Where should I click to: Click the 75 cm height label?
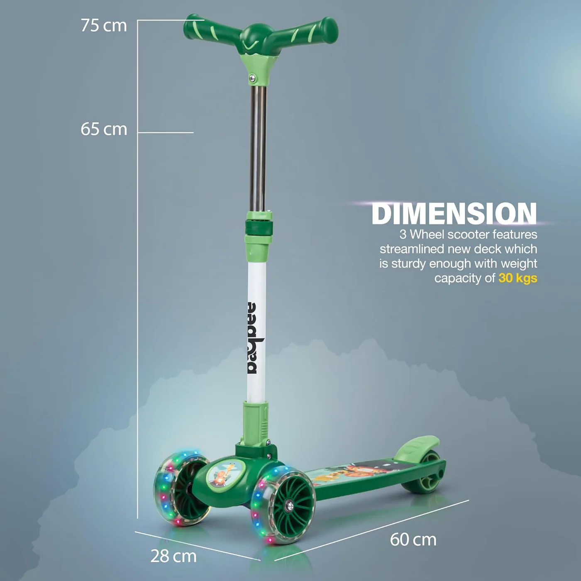click(104, 26)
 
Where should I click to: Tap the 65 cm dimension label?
click(104, 129)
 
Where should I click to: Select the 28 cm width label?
click(173, 556)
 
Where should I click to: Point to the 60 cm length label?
click(413, 539)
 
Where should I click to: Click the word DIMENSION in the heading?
click(454, 214)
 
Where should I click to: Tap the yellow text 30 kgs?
click(518, 278)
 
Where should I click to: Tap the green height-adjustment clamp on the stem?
click(258, 228)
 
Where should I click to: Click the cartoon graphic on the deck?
click(349, 473)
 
